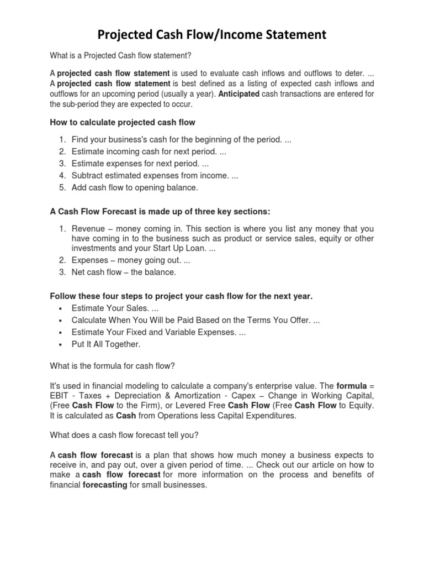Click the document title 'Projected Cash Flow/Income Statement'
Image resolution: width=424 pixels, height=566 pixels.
(212, 35)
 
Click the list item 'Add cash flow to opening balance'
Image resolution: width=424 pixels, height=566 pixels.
(134, 187)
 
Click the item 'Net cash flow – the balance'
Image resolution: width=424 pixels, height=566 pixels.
(124, 272)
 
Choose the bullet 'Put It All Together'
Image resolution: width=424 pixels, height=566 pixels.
(106, 344)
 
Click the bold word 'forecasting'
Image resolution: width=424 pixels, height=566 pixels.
(105, 485)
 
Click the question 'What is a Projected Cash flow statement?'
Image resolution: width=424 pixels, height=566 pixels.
(120, 55)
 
